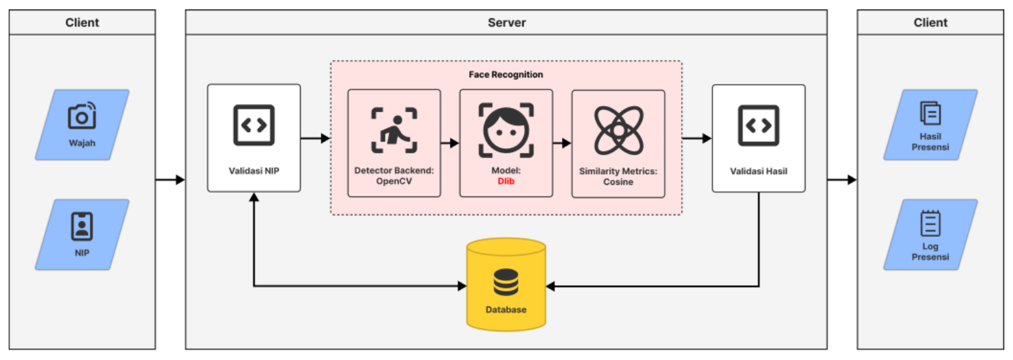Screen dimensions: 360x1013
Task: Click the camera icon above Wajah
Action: pos(82,116)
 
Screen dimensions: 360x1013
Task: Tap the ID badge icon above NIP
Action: pos(82,226)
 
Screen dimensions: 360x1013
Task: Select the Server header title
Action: pos(506,23)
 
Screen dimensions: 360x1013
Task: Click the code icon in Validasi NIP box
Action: pos(254,125)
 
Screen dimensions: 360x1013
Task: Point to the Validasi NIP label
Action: pos(254,171)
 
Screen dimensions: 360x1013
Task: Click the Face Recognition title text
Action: pos(506,75)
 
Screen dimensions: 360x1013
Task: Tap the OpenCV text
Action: pos(394,181)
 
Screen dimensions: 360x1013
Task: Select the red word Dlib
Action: pos(506,181)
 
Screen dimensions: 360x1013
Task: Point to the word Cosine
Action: pos(618,181)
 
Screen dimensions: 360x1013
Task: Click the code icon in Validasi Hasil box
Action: pos(758,125)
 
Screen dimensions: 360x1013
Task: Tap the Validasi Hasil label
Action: pos(758,171)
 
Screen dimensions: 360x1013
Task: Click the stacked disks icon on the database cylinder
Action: pos(506,282)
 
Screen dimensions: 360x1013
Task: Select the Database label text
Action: pos(506,309)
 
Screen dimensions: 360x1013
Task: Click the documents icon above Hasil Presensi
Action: pos(930,114)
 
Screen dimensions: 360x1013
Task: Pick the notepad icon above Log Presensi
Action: pos(930,223)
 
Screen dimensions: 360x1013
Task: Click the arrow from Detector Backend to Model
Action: pos(450,143)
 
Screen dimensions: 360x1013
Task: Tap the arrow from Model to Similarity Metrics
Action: pos(562,143)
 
